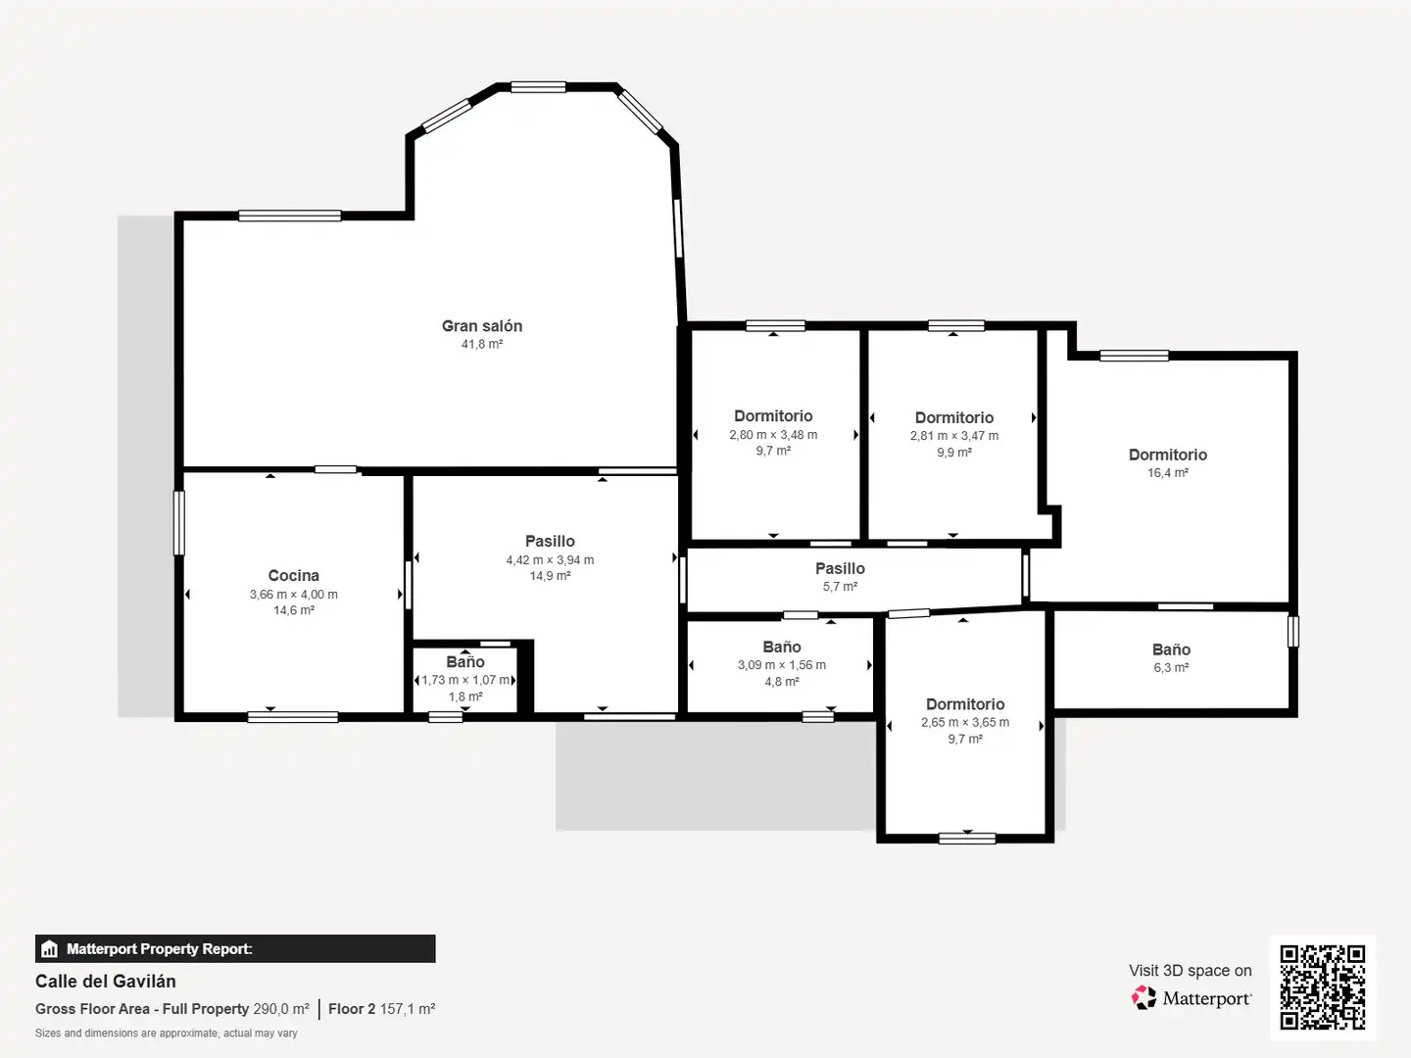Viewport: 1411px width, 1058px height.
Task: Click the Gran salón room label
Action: click(x=482, y=326)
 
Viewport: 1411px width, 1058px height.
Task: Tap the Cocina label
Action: click(x=294, y=576)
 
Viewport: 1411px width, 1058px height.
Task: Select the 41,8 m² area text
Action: click(x=482, y=344)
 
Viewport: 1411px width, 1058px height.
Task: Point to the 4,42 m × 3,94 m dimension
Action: click(x=550, y=560)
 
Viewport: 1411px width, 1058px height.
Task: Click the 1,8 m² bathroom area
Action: click(x=465, y=697)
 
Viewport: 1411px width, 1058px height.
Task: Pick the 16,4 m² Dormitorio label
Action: click(x=1168, y=455)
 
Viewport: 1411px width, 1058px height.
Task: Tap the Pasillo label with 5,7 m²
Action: click(x=840, y=568)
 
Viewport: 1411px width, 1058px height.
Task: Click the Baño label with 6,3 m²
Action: click(x=1171, y=649)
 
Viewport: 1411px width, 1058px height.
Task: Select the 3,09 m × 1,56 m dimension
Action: click(x=782, y=665)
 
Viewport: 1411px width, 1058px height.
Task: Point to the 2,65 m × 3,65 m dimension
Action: click(x=965, y=722)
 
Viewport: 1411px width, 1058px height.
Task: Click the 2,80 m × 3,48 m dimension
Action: click(x=773, y=435)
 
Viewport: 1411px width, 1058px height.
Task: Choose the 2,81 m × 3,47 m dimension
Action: click(x=954, y=436)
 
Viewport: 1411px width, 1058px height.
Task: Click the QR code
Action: click(x=1322, y=986)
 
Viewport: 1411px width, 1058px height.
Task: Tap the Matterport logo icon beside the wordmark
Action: click(x=1143, y=997)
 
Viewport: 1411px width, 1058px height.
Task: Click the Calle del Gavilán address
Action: click(x=106, y=981)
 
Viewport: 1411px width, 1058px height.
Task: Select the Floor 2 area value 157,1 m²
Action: click(x=408, y=1009)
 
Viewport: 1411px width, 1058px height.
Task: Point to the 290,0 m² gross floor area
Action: click(x=281, y=1009)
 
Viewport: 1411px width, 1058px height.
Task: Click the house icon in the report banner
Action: click(x=50, y=949)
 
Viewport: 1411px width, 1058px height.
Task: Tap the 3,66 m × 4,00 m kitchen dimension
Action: click(x=294, y=595)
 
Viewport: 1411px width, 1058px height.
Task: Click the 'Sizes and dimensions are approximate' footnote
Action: click(x=167, y=1033)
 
